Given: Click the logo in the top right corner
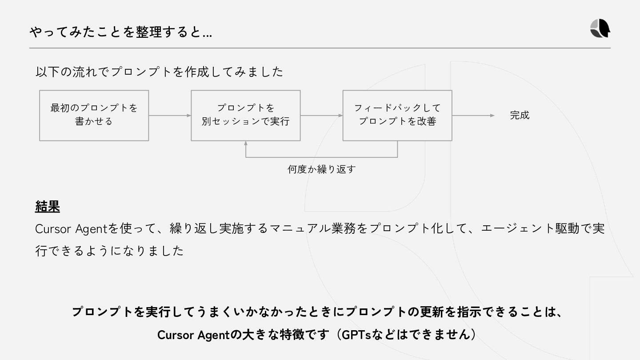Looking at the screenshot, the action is click(600, 29).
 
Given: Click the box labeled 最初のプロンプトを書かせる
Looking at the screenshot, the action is click(94, 116).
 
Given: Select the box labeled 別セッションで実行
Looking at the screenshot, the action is click(245, 116).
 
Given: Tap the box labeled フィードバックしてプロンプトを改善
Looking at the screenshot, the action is click(397, 116).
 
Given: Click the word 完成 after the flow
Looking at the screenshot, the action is click(520, 115).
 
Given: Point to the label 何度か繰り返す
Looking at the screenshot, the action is click(321, 169).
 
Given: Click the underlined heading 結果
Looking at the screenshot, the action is click(47, 206).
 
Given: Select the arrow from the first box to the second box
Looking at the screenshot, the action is click(169, 116).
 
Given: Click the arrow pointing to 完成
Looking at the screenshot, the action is click(473, 116).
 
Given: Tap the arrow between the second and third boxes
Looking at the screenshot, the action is click(321, 116).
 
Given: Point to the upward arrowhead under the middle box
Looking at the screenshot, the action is click(246, 144).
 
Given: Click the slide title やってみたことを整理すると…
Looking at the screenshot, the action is click(120, 32).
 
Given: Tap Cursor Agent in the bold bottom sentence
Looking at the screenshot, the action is click(192, 335).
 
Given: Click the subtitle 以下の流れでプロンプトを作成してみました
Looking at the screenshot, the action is click(159, 72).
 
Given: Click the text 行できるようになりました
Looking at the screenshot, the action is click(109, 251).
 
